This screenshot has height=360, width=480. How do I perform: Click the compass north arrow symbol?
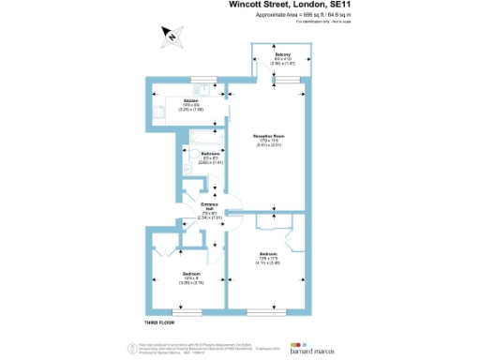tap(172, 36)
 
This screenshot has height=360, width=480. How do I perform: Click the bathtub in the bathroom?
tap(203, 141)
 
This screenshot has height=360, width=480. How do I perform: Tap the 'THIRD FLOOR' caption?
tap(160, 322)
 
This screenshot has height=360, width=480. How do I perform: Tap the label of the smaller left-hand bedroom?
tap(192, 277)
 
